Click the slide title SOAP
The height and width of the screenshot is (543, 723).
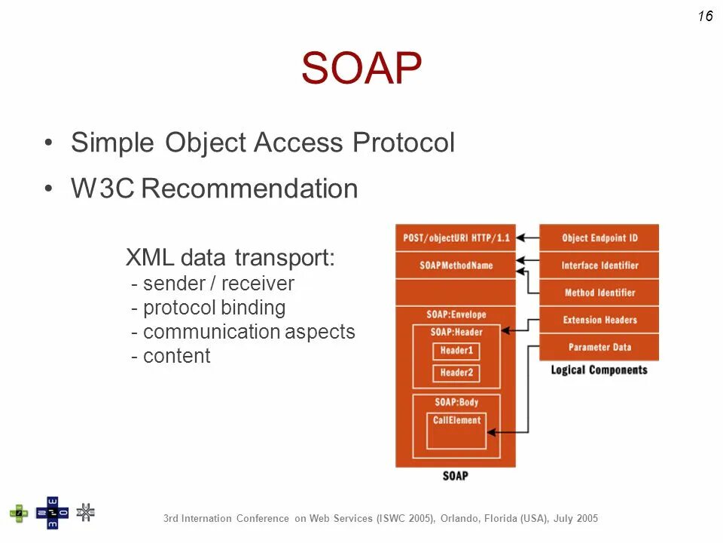tap(361, 69)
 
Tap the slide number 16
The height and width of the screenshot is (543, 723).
tap(705, 16)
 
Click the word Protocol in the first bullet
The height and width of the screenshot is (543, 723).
tap(404, 143)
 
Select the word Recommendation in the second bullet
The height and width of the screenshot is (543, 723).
tap(249, 189)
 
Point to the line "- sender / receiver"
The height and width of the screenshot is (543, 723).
tap(212, 284)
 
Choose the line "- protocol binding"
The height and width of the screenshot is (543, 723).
tap(208, 308)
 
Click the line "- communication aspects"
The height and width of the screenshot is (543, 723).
tap(243, 332)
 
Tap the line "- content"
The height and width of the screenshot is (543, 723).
tap(171, 356)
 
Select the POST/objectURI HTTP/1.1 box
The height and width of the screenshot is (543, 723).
tap(456, 238)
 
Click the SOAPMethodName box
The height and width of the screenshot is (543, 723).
tap(456, 265)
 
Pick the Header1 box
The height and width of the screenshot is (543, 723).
tap(456, 351)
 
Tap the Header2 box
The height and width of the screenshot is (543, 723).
tap(456, 373)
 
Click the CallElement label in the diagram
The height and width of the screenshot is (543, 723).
tap(456, 420)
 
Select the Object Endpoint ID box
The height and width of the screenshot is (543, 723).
tap(599, 238)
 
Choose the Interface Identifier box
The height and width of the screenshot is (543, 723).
tap(599, 265)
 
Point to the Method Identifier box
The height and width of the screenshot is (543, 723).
tap(599, 293)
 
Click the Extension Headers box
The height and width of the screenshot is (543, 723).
tap(599, 320)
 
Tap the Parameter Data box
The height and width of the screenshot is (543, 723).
tap(599, 347)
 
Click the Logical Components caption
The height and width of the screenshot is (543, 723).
tap(599, 370)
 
